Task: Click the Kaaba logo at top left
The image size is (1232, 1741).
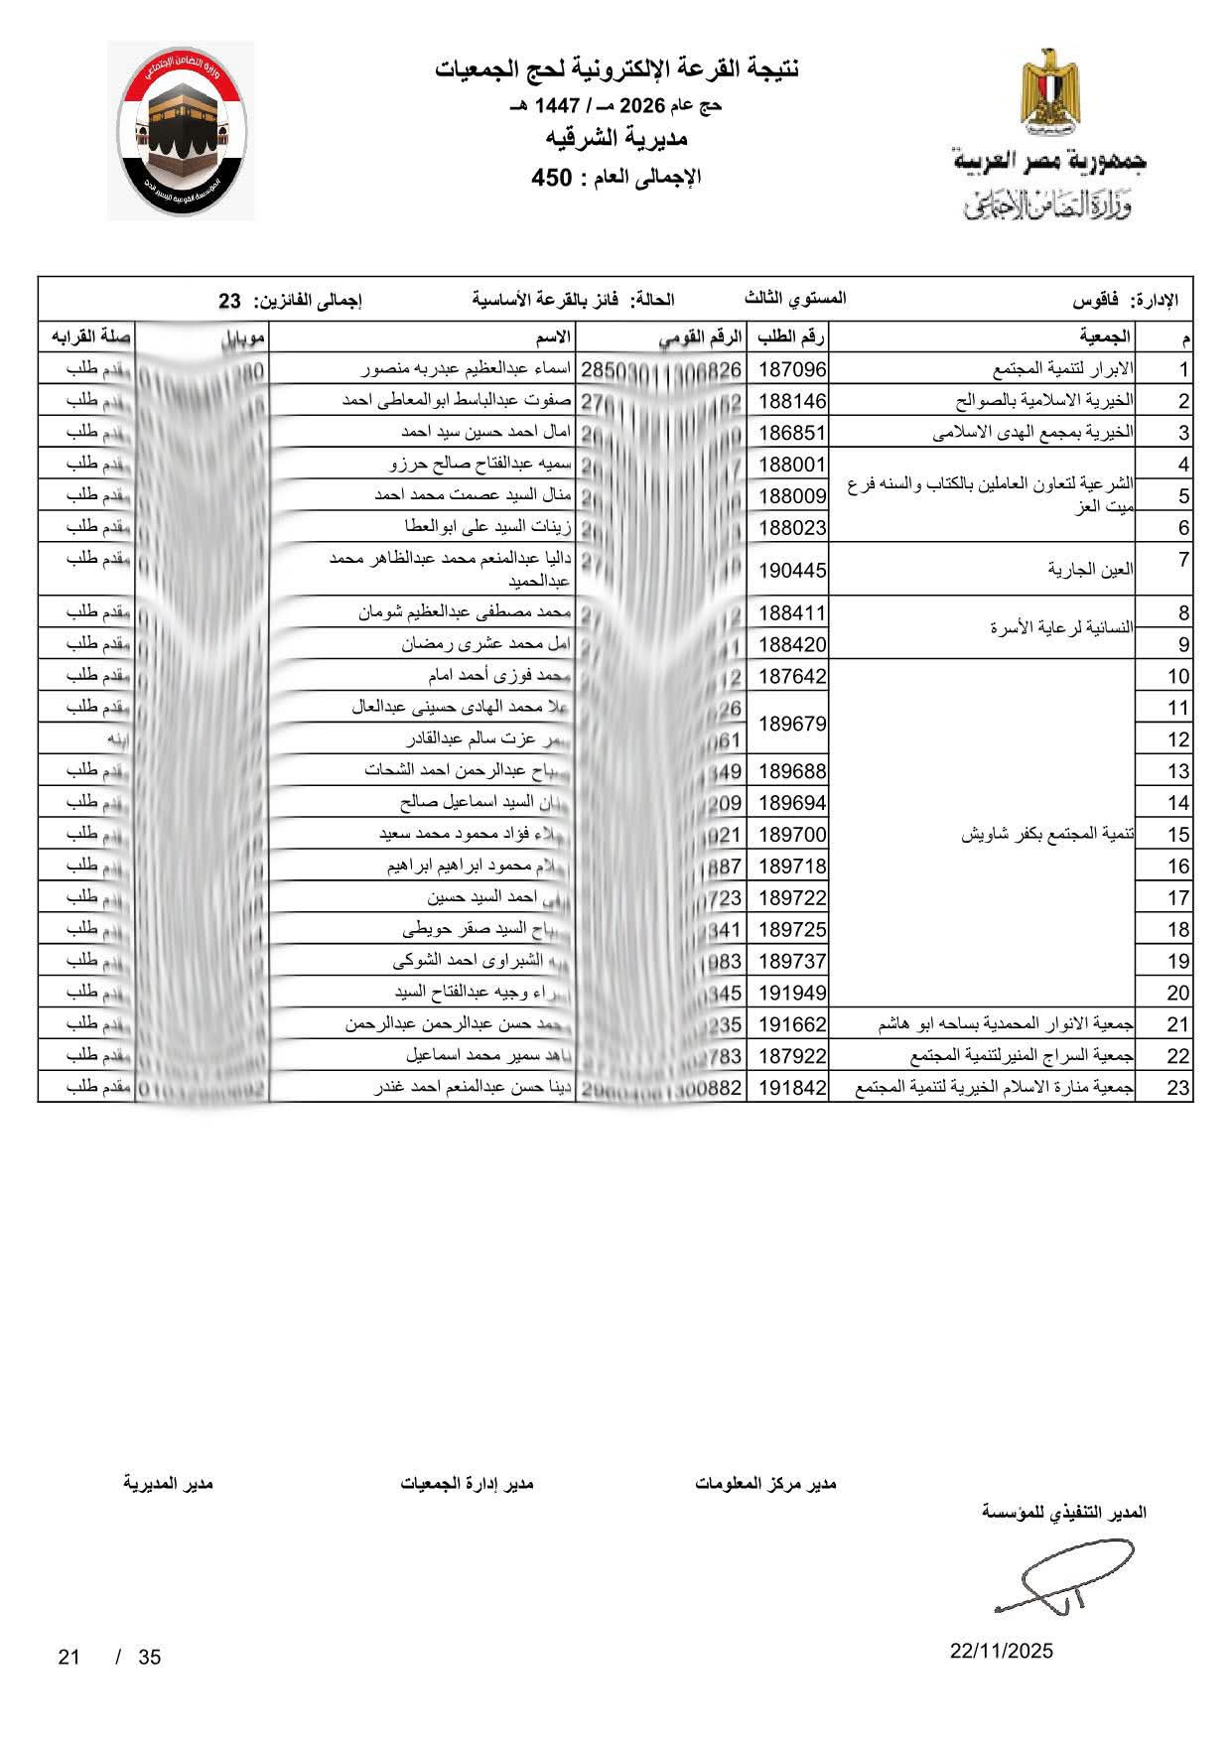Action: tap(181, 131)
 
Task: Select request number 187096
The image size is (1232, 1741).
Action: tap(792, 370)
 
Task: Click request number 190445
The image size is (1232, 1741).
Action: tap(792, 570)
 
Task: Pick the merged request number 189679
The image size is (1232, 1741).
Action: tap(792, 724)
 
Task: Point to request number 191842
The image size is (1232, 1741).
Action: tap(792, 1088)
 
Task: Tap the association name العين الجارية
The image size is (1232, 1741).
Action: tap(1091, 570)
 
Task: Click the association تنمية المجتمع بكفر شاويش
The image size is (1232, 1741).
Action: tap(1047, 835)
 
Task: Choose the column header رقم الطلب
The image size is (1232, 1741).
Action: tap(792, 337)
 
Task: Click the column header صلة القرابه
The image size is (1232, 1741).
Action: tap(87, 337)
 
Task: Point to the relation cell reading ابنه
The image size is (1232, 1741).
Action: tap(118, 739)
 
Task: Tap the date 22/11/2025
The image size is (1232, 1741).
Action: tap(1001, 1652)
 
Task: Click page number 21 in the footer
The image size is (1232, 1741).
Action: tap(68, 1657)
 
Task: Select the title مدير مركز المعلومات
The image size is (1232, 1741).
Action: tap(765, 1483)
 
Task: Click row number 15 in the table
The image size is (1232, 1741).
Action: tap(1177, 835)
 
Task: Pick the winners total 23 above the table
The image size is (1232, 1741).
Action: tap(230, 300)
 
